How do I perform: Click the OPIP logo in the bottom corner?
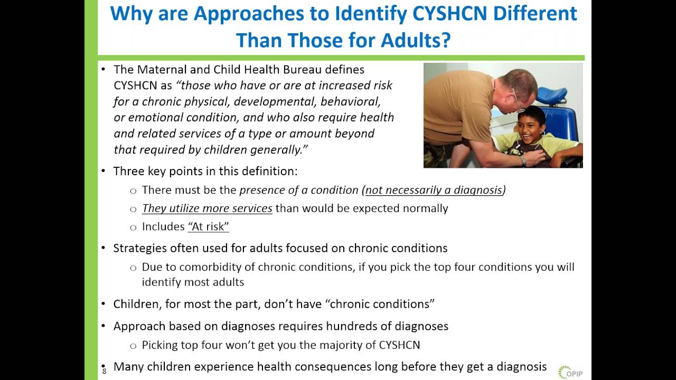569,372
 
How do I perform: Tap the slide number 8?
105,371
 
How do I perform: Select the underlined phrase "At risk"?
208,227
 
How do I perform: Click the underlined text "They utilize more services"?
207,208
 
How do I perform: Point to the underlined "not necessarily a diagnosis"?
433,190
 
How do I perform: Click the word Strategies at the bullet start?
139,248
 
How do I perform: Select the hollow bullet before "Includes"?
133,227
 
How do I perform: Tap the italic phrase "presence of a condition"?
299,190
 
